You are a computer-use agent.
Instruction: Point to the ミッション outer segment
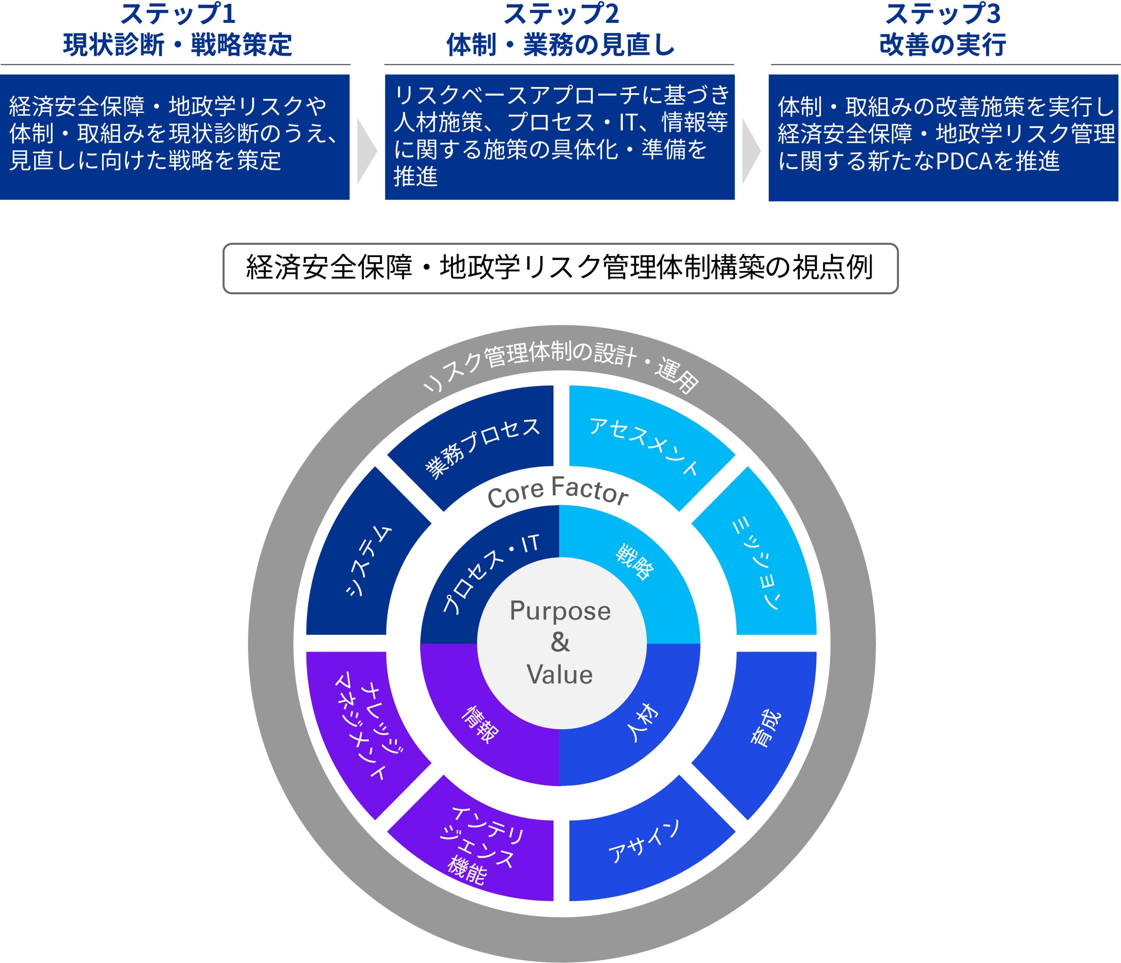point(757,562)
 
